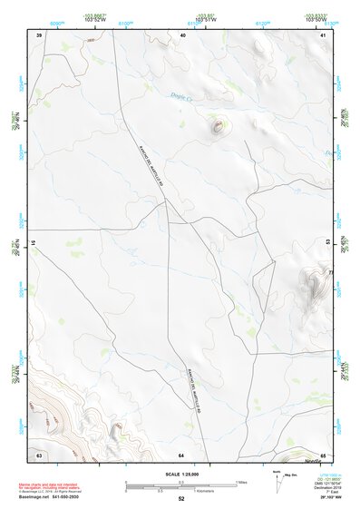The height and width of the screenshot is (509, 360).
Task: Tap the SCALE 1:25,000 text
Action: (x=181, y=475)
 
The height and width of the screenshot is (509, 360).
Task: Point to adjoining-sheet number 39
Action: (x=39, y=34)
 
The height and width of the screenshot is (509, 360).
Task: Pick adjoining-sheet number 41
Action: (x=324, y=34)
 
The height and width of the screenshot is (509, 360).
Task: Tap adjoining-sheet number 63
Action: (x=39, y=453)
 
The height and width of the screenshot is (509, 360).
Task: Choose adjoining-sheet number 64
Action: (x=181, y=453)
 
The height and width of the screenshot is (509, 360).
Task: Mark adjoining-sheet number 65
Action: (x=324, y=453)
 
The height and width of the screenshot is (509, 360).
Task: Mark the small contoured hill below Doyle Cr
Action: (x=218, y=127)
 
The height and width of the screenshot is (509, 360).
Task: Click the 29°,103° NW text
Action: (x=321, y=498)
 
